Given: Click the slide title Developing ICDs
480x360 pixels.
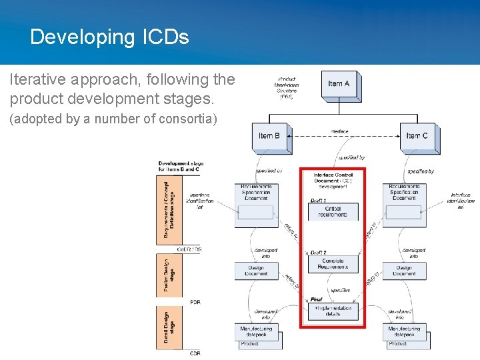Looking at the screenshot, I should pos(109,37).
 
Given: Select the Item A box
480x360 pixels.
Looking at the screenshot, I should pos(339,85).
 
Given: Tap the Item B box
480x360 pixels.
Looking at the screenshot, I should pos(270,136).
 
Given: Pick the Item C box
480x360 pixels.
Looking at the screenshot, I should pos(417,136).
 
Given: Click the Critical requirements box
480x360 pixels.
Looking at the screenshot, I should pos(333,212).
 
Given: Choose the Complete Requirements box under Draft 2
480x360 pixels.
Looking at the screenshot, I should pos(333,263).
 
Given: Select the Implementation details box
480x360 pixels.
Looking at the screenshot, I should pos(333,311).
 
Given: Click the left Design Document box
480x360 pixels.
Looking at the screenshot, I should pos(256,271).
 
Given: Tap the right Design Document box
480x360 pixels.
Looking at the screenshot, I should pos(404,271).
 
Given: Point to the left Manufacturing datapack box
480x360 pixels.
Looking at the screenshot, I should pos(256,331).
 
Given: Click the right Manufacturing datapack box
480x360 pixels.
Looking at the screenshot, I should pos(405,331).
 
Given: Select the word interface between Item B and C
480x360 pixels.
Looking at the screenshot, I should pos(339,132).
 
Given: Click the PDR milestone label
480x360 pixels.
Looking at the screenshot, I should pos(195,302).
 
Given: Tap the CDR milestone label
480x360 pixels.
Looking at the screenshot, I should pos(195,353).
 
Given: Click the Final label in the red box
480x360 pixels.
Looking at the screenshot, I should pos(316,299).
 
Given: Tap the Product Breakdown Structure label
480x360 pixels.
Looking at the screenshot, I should pos(287,88).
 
